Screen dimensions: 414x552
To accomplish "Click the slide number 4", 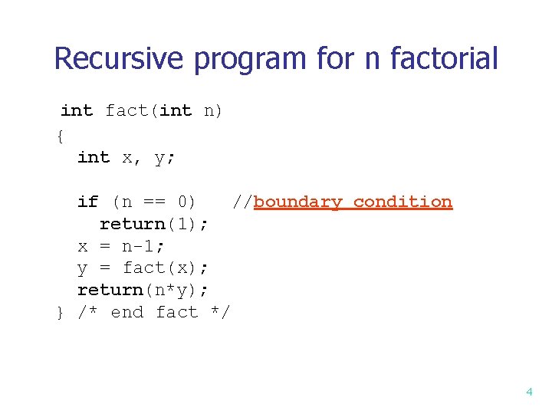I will click(529, 392).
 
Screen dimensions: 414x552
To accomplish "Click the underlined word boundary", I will click(297, 202).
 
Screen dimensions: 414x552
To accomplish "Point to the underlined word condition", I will click(402, 202).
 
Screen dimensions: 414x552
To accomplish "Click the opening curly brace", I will click(60, 136).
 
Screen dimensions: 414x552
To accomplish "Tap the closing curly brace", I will click(60, 313).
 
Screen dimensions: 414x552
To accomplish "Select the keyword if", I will click(87, 202).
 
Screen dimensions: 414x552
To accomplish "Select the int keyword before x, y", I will click(94, 157).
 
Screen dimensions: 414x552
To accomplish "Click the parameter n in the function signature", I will click(209, 111).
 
